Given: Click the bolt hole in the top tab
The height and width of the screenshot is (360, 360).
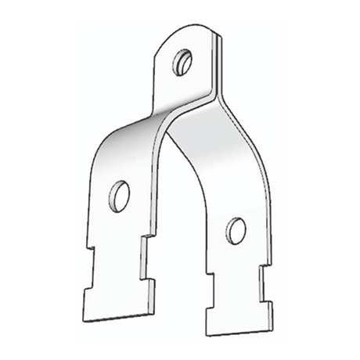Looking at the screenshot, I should [x=185, y=60].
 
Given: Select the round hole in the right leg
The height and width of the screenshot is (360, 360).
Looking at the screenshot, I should [x=236, y=229].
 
